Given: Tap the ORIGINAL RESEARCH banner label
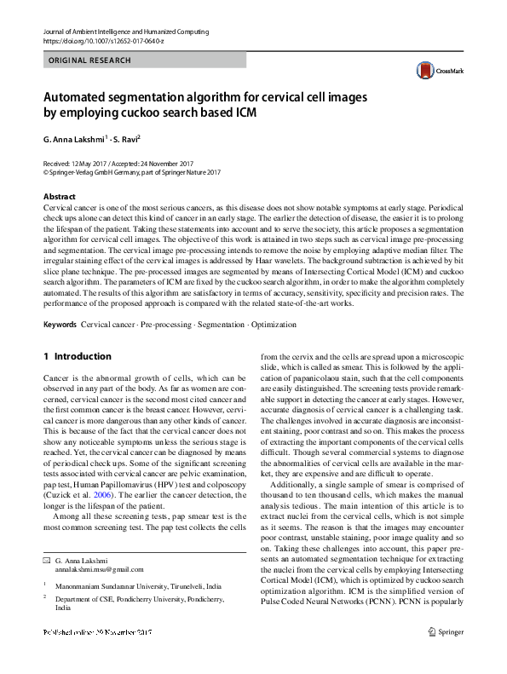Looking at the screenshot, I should (89, 60).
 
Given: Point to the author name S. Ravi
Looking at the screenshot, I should (125, 138).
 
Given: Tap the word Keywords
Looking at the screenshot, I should (60, 325).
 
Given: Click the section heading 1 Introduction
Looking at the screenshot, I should (77, 356).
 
